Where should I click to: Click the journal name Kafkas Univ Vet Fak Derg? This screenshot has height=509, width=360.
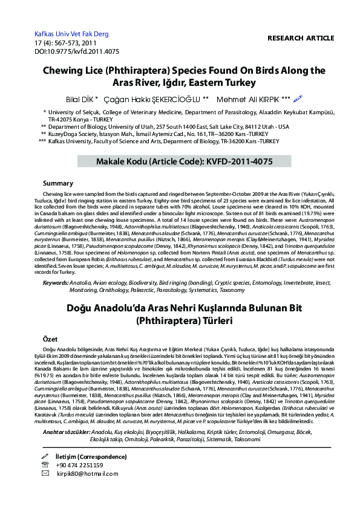click(x=71, y=34)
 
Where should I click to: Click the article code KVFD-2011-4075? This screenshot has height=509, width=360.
click(x=232, y=162)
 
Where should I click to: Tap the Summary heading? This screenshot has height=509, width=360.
click(x=59, y=183)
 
